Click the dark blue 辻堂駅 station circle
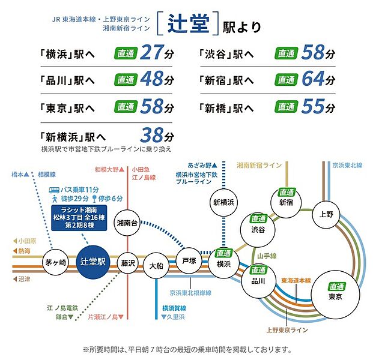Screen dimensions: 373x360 click(93, 262)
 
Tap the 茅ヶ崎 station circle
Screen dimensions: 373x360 click(55, 262)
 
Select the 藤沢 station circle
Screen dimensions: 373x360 click(128, 263)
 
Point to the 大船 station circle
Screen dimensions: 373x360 click(156, 265)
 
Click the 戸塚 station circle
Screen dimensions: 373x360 click(189, 261)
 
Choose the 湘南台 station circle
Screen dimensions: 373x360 click(127, 223)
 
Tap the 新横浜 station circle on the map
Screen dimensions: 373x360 click(223, 202)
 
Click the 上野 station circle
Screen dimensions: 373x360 click(326, 214)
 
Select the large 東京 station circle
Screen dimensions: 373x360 click(335, 295)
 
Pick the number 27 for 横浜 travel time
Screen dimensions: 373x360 click(152, 52)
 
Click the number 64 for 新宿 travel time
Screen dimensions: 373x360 click(313, 79)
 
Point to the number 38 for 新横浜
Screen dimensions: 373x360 click(152, 135)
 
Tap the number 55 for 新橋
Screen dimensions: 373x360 click(313, 106)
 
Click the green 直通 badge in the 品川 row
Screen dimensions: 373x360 click(126, 80)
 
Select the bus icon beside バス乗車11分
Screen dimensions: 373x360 click(54, 190)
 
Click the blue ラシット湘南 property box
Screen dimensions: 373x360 click(79, 218)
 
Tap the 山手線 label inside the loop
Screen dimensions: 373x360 click(267, 256)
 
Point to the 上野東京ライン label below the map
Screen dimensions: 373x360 click(287, 330)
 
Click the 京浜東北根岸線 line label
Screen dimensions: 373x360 click(190, 293)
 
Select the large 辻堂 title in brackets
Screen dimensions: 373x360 click(188, 23)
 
